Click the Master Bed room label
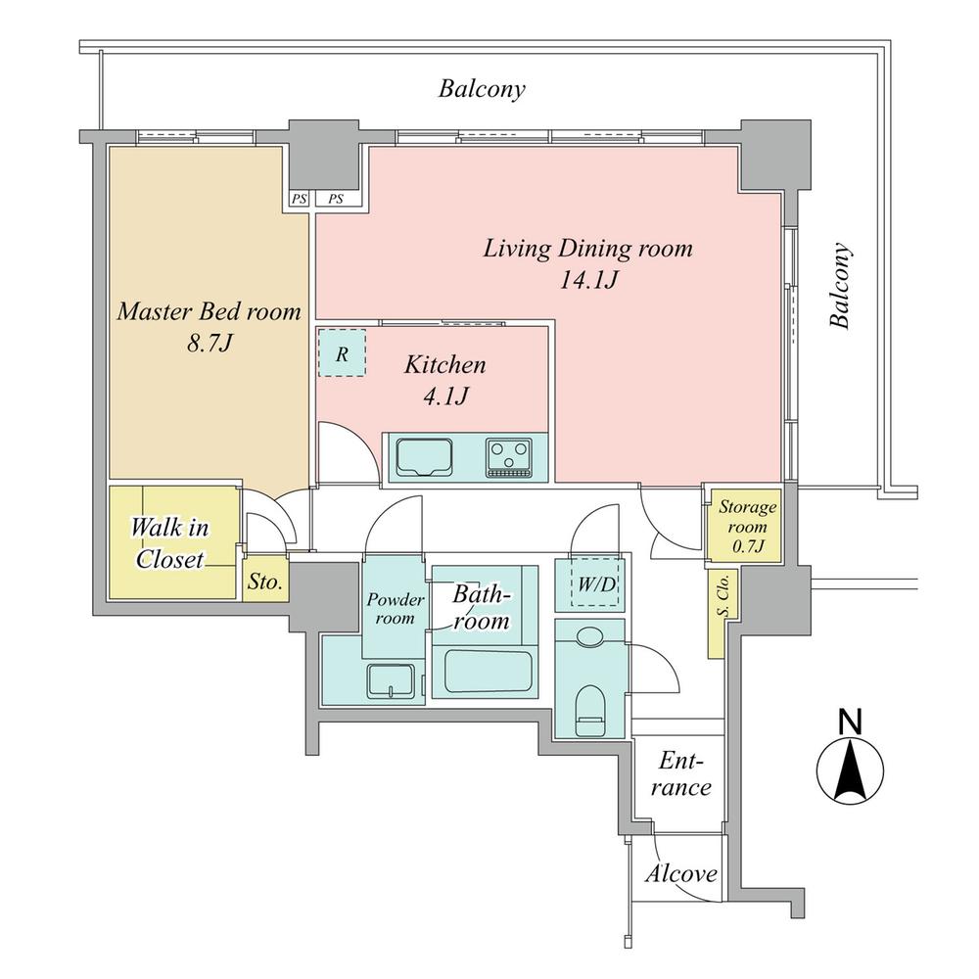tap(209, 312)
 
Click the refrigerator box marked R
tap(342, 353)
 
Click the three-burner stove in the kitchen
tap(509, 457)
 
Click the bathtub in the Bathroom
tap(487, 674)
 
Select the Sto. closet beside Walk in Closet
tap(265, 583)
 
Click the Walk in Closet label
tap(170, 544)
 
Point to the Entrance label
tap(683, 773)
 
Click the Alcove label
tap(681, 874)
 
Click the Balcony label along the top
tap(482, 90)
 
